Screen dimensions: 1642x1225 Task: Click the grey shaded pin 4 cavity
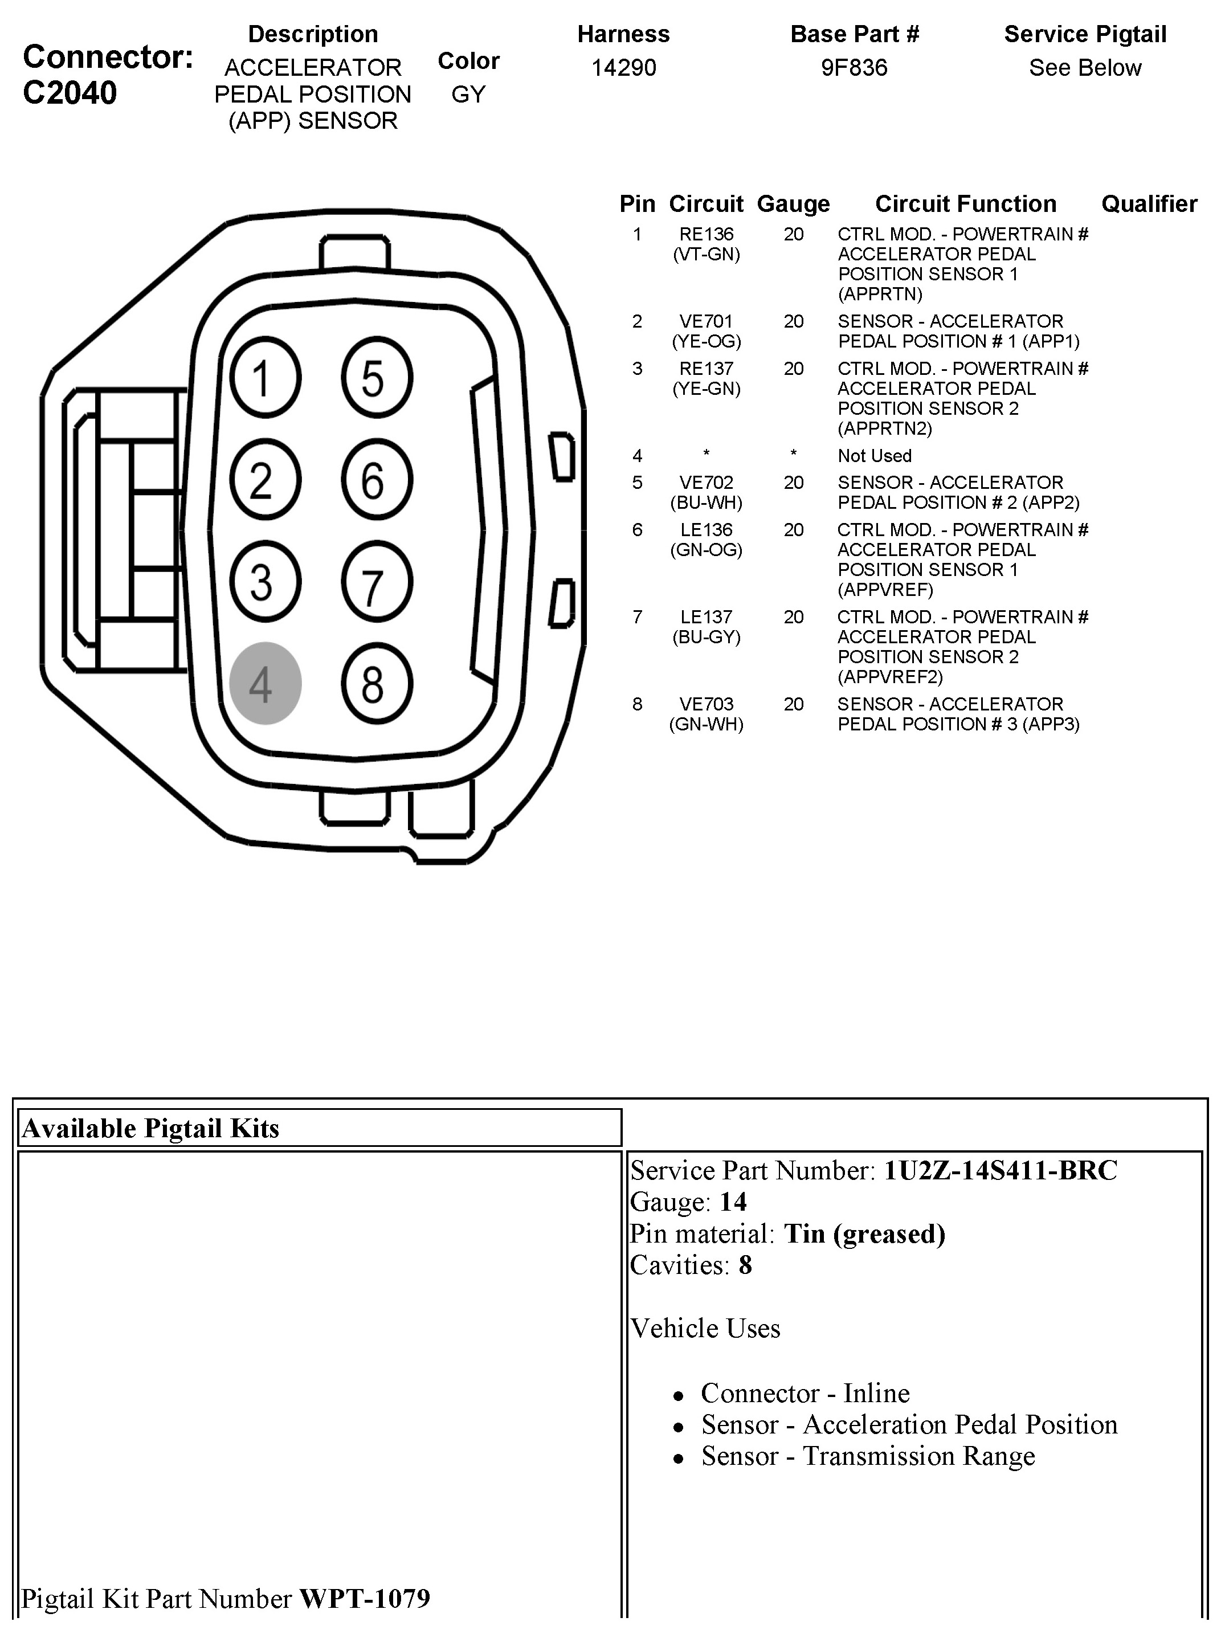point(265,683)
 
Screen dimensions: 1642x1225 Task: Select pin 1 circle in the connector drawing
point(265,377)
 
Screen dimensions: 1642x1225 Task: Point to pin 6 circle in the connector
point(377,480)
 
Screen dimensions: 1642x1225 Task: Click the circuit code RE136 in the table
point(706,234)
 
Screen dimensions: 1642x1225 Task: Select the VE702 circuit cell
point(706,483)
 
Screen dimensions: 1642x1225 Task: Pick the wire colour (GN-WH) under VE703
point(706,724)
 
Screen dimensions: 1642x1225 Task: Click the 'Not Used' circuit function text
point(874,456)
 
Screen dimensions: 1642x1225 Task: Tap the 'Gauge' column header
point(793,204)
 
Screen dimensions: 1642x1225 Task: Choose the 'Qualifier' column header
point(1149,204)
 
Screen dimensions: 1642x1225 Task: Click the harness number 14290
point(623,67)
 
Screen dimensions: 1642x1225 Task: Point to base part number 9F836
point(854,67)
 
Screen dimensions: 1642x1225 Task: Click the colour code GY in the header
point(468,94)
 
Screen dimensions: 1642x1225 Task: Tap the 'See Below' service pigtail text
point(1085,67)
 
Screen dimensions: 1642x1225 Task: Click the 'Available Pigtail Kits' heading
point(150,1128)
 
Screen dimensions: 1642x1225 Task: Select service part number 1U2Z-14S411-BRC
point(999,1170)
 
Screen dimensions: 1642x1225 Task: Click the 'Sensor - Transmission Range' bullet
point(868,1456)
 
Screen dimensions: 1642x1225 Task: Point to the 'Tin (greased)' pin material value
point(864,1233)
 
